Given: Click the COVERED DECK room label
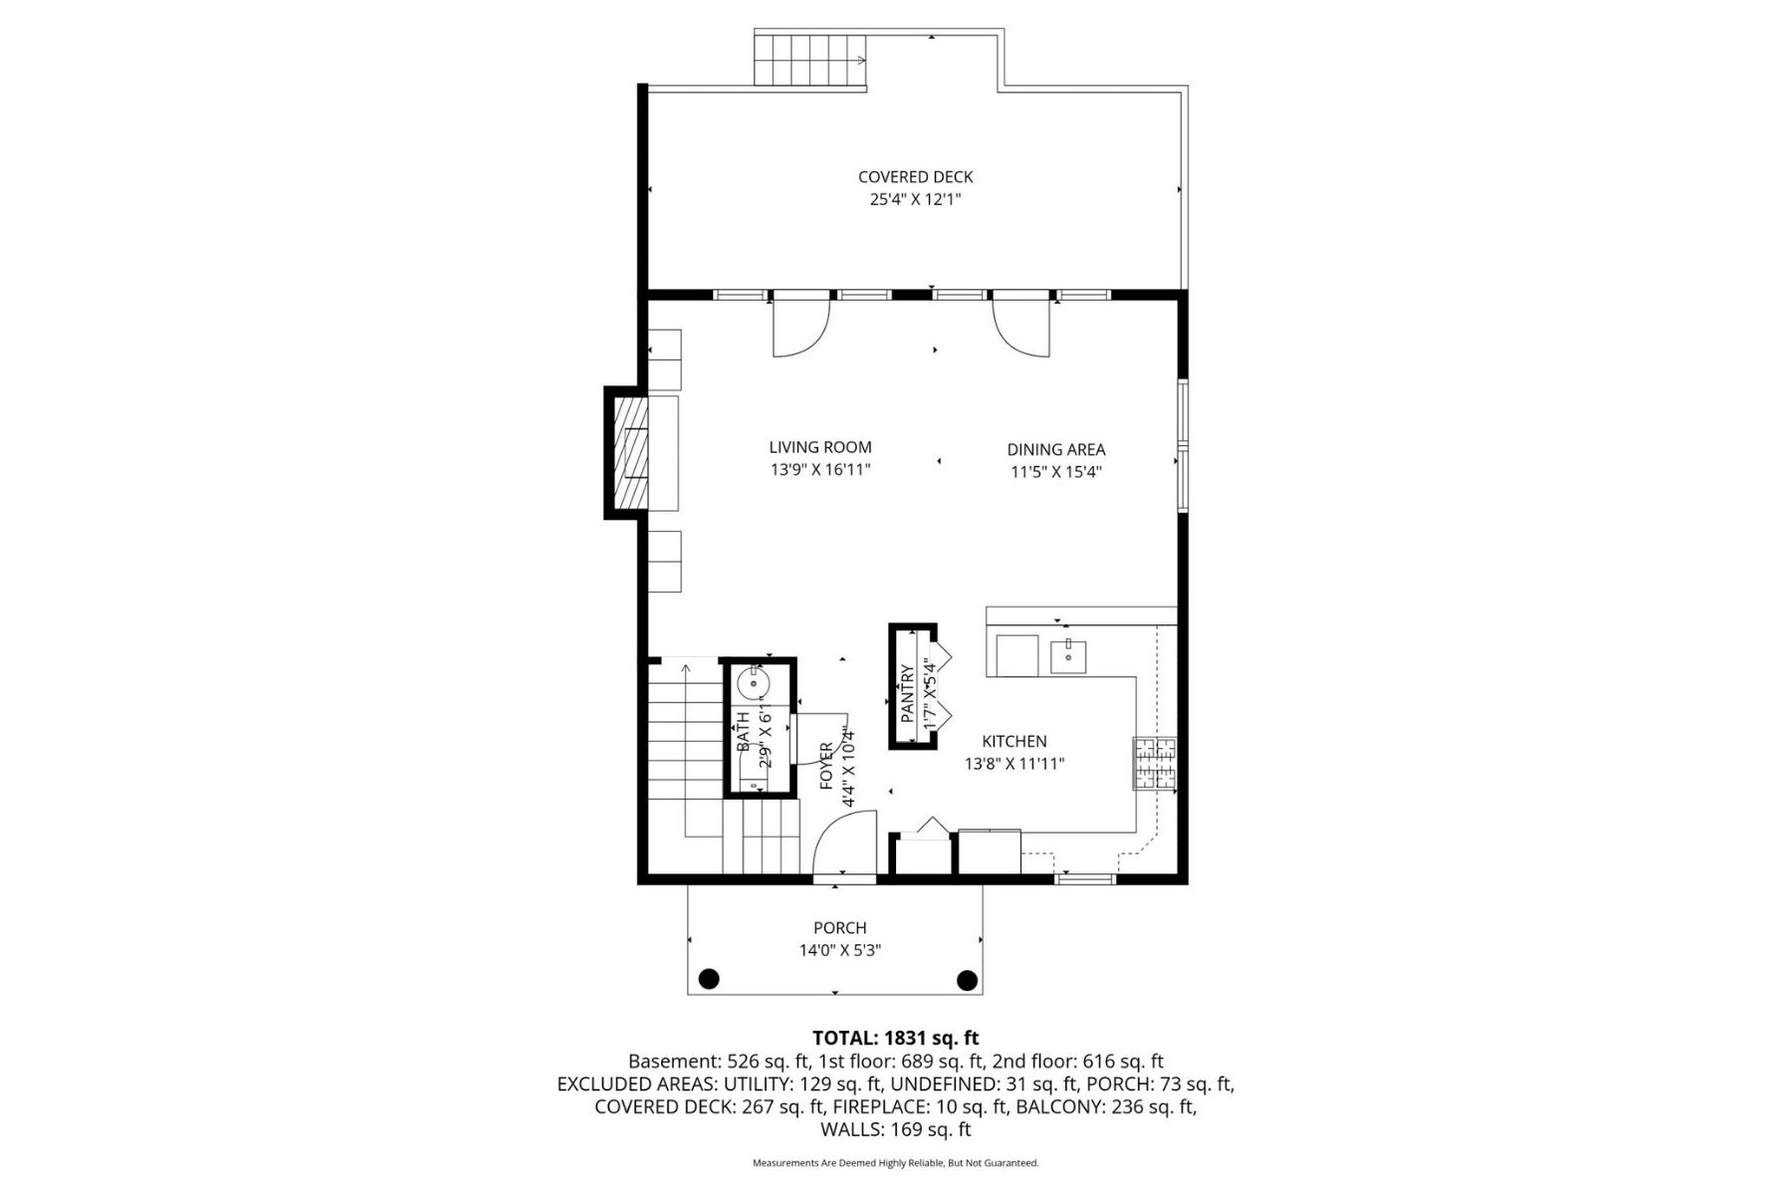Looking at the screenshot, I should coord(915,176).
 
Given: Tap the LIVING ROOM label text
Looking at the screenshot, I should coord(820,447).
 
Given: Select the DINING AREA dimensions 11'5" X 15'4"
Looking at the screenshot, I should coord(1055,472).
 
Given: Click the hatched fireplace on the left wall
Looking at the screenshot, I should coord(630,452).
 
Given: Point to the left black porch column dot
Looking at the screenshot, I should coord(708,979).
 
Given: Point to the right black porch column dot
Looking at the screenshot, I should coord(967,979).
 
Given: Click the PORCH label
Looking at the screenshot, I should coord(839,928).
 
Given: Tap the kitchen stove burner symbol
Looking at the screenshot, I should coord(1154,763).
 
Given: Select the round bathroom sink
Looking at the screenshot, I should coord(754,685).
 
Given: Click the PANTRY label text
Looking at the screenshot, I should coord(907,693).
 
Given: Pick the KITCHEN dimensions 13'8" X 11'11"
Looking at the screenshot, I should coord(1014,764).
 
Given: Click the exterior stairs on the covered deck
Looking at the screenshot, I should coord(810,62).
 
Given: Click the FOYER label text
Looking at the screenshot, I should coord(826,766).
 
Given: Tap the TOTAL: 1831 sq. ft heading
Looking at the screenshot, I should coord(895,1039).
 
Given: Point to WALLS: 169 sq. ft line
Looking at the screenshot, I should coord(895,1129).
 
